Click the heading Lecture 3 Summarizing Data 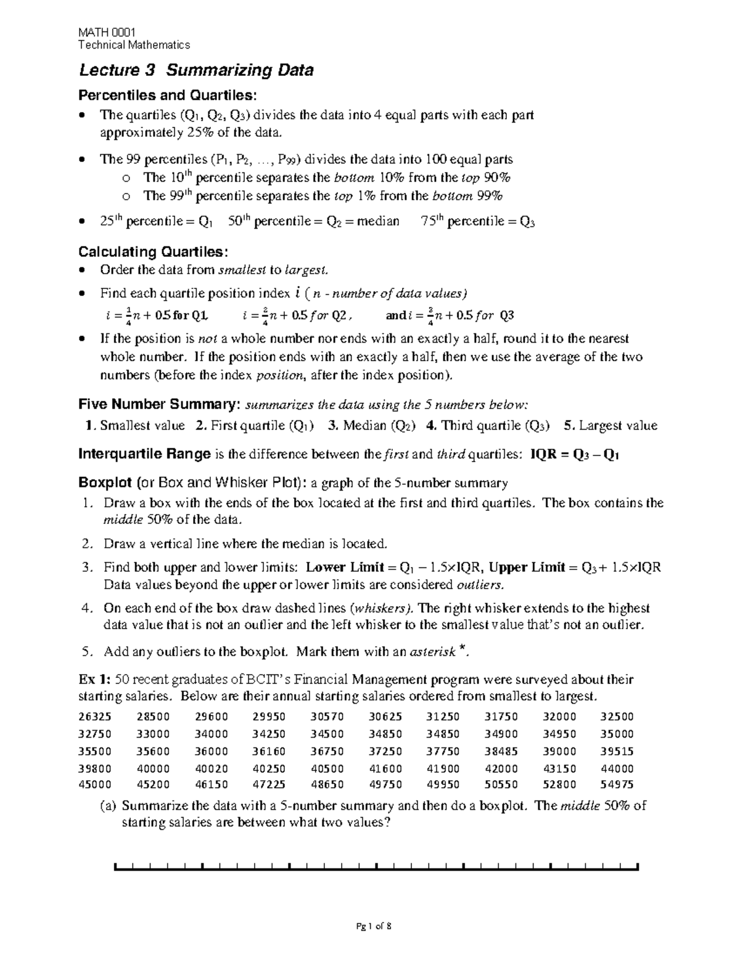pyautogui.click(x=196, y=70)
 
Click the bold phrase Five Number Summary pyautogui.click(x=160, y=404)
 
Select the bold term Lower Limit pyautogui.click(x=345, y=567)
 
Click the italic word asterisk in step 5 pyautogui.click(x=434, y=651)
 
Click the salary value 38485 pyautogui.click(x=501, y=751)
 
